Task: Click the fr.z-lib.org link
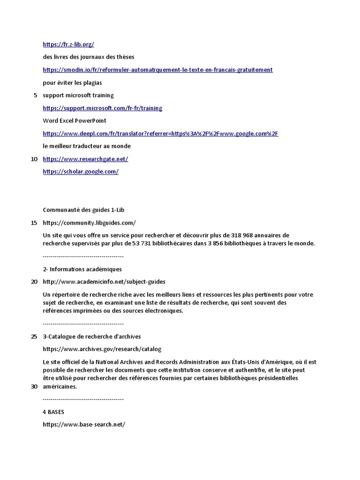[68, 45]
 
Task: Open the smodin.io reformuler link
[157, 70]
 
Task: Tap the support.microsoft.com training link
[102, 108]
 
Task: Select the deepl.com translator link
[160, 134]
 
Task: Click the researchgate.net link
[85, 159]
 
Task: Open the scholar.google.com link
[81, 172]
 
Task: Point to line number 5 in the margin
[36, 96]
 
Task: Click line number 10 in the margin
[34, 159]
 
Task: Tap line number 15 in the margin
[34, 223]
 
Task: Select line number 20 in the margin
[34, 282]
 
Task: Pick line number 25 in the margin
[34, 337]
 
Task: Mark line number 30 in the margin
[34, 387]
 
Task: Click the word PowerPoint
[90, 121]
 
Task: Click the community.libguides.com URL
[89, 223]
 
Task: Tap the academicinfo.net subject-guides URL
[104, 282]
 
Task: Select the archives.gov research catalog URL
[102, 349]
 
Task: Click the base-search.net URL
[84, 425]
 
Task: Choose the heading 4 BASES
[53, 412]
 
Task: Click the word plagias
[92, 83]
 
